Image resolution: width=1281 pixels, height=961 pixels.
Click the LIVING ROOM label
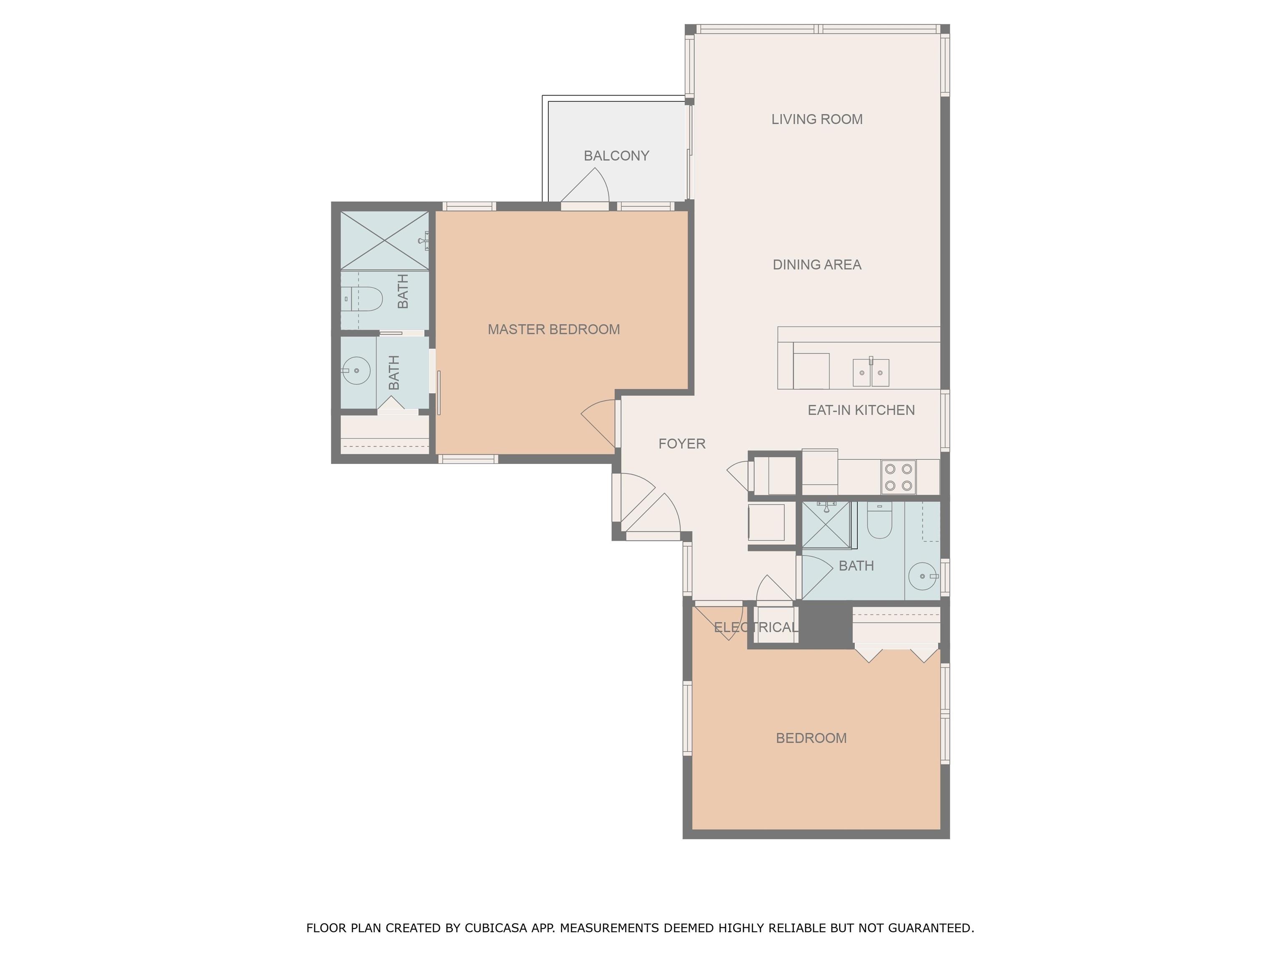816,119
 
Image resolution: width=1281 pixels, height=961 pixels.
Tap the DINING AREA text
816,265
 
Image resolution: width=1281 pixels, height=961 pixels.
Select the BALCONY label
616,156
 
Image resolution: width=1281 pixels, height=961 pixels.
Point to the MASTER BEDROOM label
554,330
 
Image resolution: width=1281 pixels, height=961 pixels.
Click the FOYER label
682,444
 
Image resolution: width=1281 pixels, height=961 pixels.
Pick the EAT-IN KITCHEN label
861,410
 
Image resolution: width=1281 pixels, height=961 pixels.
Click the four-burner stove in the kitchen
898,477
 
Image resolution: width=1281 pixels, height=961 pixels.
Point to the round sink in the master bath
356,370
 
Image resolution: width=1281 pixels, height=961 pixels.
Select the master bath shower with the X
384,240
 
